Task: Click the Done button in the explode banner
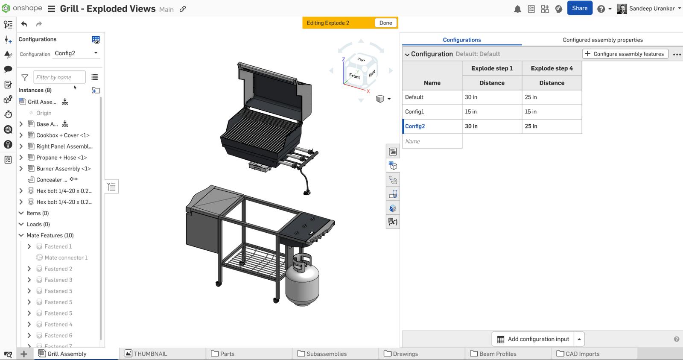(385, 23)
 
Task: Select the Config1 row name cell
(432, 111)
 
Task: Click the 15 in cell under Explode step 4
(552, 111)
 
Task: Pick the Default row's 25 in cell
(552, 97)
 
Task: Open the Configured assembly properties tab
(602, 40)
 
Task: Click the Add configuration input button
(533, 339)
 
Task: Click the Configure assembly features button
(625, 54)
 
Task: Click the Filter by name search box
(59, 77)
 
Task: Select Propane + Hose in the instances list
(61, 158)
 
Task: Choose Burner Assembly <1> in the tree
(63, 169)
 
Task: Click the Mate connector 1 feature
(66, 258)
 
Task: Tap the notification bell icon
(517, 9)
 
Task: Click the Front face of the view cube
(354, 76)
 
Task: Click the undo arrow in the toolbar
(24, 24)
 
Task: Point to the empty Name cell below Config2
(432, 141)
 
